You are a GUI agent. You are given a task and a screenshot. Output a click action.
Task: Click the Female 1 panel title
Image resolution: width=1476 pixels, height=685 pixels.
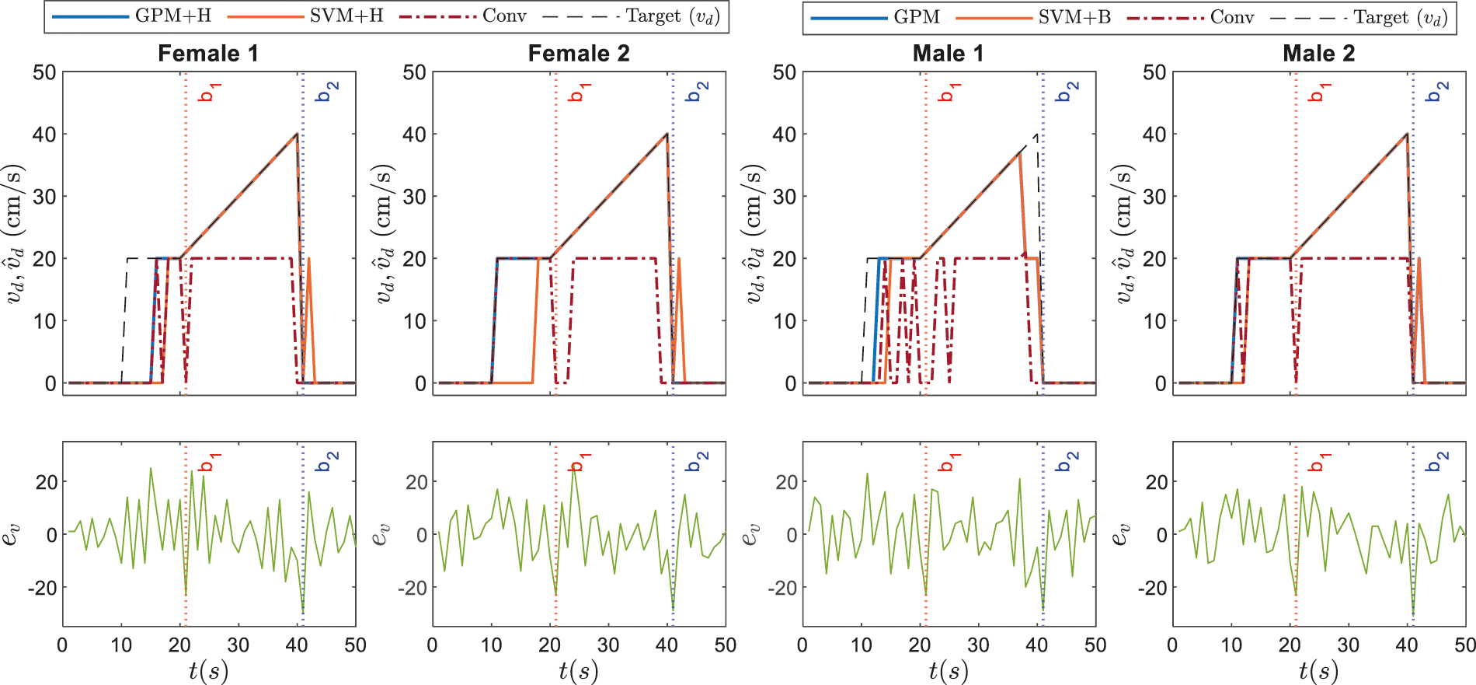click(207, 54)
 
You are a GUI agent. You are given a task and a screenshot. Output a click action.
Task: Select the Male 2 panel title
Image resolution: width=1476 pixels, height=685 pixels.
click(1318, 54)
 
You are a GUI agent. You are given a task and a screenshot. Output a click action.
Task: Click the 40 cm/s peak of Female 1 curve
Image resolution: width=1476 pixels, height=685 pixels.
click(297, 134)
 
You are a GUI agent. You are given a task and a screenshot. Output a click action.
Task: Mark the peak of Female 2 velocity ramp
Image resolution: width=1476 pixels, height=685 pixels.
click(667, 134)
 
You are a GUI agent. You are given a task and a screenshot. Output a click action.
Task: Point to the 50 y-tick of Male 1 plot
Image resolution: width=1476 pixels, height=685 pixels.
click(785, 72)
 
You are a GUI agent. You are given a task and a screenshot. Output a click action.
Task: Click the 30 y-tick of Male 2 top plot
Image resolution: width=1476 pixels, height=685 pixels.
click(1154, 197)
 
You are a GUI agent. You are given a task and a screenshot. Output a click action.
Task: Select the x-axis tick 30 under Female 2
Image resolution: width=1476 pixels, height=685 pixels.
click(608, 645)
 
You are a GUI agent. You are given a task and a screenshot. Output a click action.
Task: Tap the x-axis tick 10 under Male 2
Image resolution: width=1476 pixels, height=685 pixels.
click(1231, 645)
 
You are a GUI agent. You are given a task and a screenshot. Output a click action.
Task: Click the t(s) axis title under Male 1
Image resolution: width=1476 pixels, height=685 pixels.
click(949, 670)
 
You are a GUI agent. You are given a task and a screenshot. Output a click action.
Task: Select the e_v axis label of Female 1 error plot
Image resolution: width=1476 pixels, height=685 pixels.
click(11, 535)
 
